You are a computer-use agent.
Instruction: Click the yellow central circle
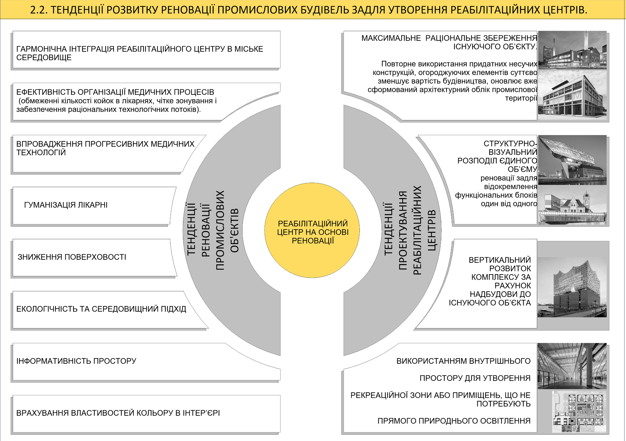(x=312, y=230)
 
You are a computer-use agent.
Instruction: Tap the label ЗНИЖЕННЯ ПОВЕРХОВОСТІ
(x=72, y=257)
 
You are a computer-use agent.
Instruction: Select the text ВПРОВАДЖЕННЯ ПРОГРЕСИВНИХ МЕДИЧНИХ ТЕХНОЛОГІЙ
(x=105, y=148)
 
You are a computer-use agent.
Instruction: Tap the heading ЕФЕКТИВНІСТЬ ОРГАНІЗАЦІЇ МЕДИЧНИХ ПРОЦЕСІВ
(x=115, y=92)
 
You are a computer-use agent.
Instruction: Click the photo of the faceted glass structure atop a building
(x=572, y=160)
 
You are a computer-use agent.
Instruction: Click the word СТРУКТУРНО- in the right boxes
(x=510, y=144)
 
